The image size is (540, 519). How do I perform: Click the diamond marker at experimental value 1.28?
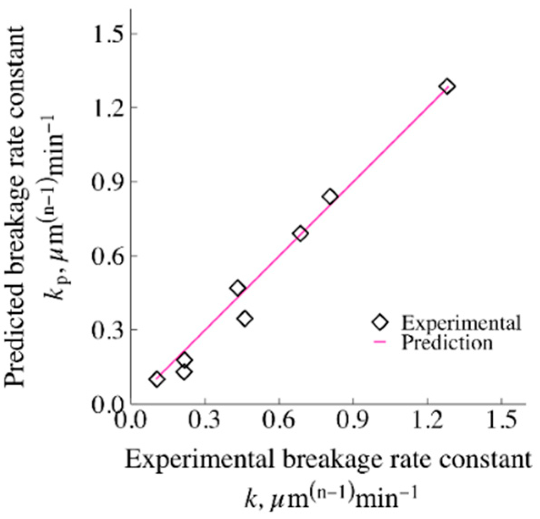coord(447,86)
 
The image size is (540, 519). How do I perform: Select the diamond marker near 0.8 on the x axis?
coord(330,197)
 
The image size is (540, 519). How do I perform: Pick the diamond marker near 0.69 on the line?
coord(300,234)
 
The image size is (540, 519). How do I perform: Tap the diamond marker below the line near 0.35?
coord(245,319)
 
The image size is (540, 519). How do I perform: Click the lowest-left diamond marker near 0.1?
coord(157,379)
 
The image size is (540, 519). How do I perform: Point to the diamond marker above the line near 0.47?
coord(238,288)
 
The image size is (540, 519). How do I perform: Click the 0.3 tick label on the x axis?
coord(205,419)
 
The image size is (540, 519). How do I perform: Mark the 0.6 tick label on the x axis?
coord(279,419)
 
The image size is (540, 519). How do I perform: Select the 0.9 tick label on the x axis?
coord(353,419)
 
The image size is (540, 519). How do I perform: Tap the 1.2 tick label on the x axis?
coord(427,419)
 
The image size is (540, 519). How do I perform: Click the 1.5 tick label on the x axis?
coord(501,419)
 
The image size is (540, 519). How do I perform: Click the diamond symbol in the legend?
coord(380,323)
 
